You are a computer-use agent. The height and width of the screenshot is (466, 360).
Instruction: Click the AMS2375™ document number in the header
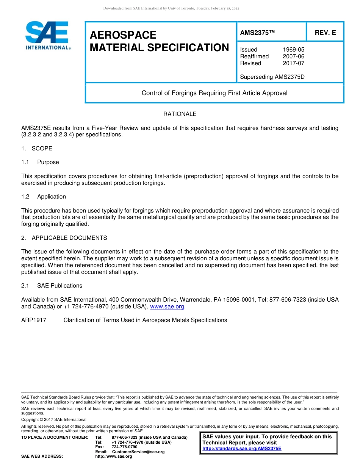[x=257, y=33]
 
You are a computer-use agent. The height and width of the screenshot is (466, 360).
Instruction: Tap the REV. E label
[x=325, y=33]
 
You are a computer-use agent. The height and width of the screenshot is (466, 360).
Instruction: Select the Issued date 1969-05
[x=293, y=50]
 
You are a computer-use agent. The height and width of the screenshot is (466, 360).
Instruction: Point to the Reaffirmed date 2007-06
[x=293, y=56]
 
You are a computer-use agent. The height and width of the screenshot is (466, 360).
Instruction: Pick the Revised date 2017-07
[x=293, y=63]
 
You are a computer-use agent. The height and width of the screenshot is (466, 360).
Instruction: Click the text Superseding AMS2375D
[x=272, y=77]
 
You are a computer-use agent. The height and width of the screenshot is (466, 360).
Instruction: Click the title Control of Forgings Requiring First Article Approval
[x=214, y=93]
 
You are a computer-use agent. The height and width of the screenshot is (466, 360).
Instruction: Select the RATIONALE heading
[x=180, y=114]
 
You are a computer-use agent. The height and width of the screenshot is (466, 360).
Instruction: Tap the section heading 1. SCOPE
[x=37, y=149]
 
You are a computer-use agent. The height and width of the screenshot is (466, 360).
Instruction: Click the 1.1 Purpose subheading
[x=40, y=162]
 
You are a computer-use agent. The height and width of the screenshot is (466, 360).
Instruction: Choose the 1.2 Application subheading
[x=44, y=197]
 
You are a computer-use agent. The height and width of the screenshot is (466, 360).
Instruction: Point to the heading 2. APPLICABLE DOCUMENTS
[x=64, y=238]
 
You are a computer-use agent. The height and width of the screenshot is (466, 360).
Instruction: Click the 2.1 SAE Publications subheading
[x=52, y=286]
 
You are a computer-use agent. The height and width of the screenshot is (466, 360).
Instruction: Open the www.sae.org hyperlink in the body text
[x=167, y=306]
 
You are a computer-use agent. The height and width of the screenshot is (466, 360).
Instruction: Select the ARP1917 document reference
[x=34, y=320]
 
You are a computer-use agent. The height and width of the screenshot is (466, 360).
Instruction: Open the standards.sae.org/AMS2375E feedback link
[x=242, y=449]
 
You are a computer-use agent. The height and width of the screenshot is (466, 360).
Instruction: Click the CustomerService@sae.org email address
[x=138, y=452]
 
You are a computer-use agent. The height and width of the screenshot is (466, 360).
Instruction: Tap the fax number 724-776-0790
[x=124, y=447]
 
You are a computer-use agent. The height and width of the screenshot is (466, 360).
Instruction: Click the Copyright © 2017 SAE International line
[x=54, y=419]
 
